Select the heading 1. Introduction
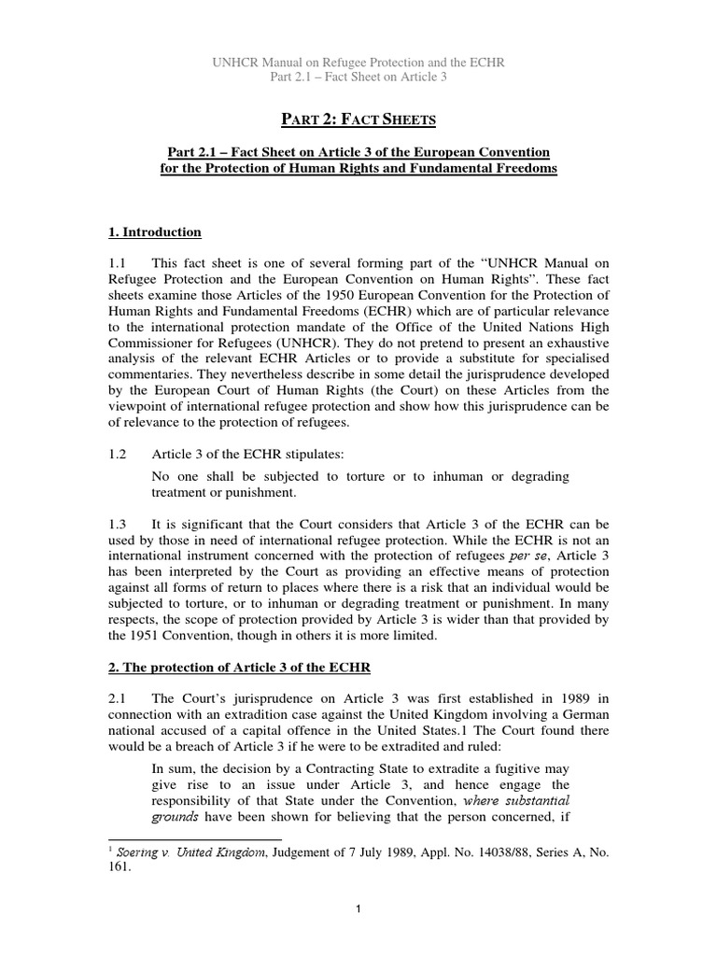click(x=155, y=232)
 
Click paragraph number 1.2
click(x=119, y=455)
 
